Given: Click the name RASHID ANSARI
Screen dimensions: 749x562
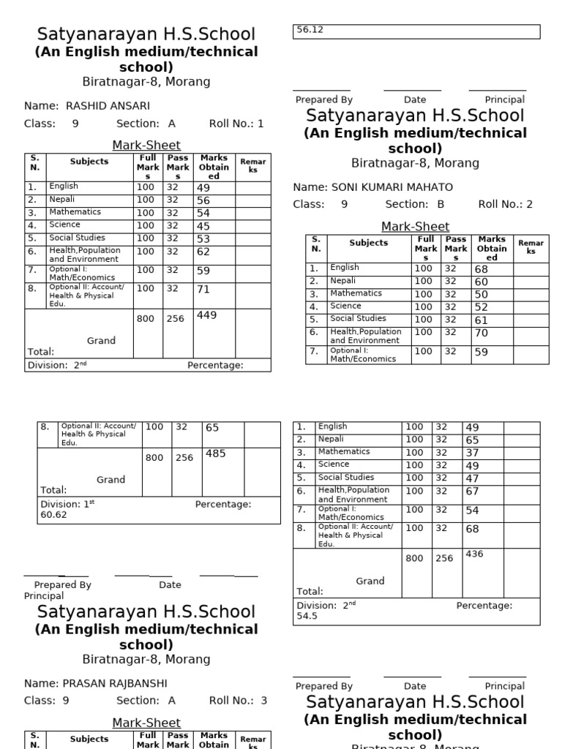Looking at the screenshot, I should point(108,105).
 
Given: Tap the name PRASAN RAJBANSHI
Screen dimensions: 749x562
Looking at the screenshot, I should point(116,683).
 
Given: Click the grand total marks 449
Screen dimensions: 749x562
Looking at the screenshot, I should point(207,315).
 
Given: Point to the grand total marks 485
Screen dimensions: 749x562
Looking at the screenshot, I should point(215,453).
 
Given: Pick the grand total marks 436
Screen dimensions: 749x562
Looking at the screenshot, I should point(474,554).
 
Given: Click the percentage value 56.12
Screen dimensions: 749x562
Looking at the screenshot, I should point(308,30).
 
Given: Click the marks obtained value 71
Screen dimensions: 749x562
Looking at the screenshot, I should point(203,290).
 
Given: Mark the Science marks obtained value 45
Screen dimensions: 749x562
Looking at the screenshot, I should point(203,225).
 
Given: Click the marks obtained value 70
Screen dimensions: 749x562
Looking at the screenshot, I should point(481,333).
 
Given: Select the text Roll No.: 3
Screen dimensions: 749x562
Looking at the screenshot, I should point(238,701).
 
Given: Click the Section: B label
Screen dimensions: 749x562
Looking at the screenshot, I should point(414,205).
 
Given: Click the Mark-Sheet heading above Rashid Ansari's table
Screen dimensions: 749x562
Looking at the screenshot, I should point(146,145).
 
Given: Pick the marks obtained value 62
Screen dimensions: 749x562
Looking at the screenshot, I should point(203,252).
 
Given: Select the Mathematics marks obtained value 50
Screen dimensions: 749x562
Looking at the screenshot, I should point(481,294).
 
